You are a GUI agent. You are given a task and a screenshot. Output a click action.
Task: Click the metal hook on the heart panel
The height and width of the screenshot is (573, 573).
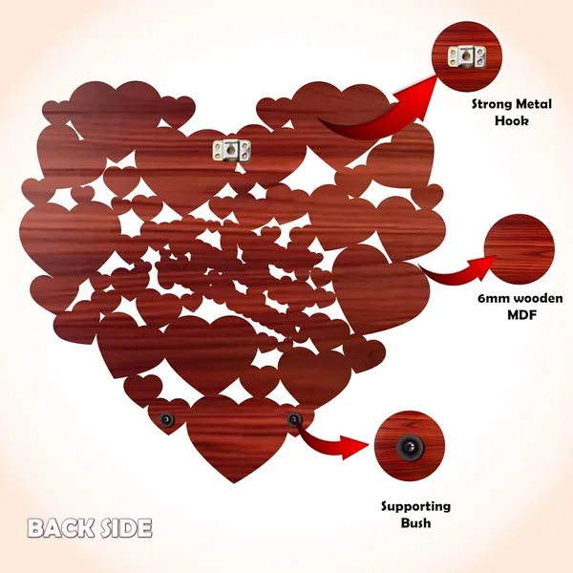[232, 150]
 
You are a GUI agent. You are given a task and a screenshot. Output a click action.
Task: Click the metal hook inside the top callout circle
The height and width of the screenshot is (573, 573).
[467, 57]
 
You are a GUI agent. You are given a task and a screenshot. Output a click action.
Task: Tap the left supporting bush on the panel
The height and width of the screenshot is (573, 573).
[166, 418]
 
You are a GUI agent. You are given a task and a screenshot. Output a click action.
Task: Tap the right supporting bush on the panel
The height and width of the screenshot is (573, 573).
[293, 419]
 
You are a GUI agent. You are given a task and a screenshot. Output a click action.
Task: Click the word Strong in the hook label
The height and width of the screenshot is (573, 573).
[492, 104]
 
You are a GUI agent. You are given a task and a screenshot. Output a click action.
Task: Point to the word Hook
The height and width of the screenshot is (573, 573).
[512, 120]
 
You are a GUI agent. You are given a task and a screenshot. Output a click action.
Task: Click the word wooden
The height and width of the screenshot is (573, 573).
[540, 299]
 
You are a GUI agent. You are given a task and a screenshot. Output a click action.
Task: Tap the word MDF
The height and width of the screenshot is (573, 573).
[521, 314]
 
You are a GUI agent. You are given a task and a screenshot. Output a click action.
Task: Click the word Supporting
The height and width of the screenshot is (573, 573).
[415, 506]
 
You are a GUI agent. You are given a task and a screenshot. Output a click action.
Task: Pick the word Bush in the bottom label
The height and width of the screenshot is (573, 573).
[415, 522]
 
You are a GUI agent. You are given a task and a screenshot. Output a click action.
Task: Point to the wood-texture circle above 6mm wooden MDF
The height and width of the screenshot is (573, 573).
[520, 249]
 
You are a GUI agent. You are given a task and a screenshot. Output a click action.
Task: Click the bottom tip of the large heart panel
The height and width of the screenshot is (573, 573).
[234, 483]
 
